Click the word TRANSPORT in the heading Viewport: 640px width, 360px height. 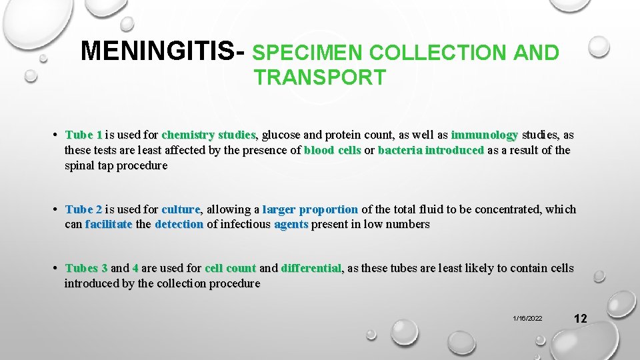coord(319,77)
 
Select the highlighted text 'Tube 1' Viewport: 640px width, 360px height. coord(84,135)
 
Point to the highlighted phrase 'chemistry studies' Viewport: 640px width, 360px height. coord(208,135)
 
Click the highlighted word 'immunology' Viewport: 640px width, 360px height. coord(485,135)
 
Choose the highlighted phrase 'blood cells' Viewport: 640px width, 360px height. coord(332,150)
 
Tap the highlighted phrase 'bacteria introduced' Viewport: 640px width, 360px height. coord(431,150)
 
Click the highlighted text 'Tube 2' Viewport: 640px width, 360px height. coord(84,209)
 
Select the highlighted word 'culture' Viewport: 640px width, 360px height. coord(181,209)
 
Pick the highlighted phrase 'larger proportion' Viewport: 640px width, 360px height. coord(310,209)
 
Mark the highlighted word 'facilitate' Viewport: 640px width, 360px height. coord(109,225)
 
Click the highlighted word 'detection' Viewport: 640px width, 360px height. coord(179,225)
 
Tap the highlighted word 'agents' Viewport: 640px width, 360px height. coord(291,225)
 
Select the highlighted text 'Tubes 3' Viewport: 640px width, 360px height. coord(87,268)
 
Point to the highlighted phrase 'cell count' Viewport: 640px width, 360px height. coord(230,268)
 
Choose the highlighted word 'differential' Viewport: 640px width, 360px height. coord(311,268)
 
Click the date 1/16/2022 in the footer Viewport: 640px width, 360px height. coord(527,319)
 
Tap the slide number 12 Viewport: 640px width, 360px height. coord(580,318)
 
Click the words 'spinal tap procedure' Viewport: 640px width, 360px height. coord(116,165)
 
